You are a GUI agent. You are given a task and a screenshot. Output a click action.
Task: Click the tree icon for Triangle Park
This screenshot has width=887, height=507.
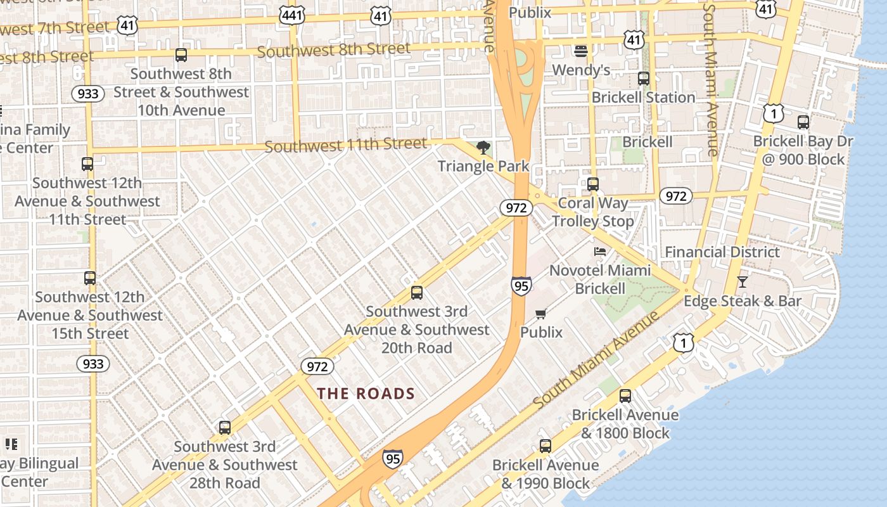(x=483, y=148)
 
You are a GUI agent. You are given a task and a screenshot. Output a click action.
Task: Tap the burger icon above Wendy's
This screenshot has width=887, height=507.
(x=581, y=51)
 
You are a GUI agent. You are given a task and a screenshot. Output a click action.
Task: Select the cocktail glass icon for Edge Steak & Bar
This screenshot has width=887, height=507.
(x=743, y=282)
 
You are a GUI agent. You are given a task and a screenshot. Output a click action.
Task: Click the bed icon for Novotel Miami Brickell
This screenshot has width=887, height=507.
(x=599, y=252)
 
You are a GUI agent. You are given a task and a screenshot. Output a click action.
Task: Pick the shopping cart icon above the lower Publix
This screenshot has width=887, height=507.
(x=541, y=314)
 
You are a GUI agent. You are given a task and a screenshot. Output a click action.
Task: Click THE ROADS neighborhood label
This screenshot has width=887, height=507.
(x=366, y=394)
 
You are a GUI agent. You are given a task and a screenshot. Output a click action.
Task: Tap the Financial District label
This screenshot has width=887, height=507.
(x=722, y=252)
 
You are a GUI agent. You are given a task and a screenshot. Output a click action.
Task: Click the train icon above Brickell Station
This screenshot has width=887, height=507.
(x=644, y=79)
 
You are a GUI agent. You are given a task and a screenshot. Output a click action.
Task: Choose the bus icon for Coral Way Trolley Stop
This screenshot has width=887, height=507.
(x=593, y=184)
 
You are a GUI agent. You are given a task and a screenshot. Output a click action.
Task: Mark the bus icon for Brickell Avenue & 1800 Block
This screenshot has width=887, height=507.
(x=625, y=396)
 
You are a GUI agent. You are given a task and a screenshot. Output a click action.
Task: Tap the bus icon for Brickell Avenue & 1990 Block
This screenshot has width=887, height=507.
(x=546, y=446)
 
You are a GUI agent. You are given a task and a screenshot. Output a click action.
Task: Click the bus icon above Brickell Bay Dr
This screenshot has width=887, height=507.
(x=803, y=122)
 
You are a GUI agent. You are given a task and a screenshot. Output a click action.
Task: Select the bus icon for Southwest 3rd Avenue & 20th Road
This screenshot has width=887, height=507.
(x=417, y=293)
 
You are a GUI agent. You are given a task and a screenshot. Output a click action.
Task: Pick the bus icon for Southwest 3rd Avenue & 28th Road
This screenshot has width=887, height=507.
(x=225, y=428)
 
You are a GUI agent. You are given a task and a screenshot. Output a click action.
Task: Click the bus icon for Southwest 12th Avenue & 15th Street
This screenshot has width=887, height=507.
(x=90, y=278)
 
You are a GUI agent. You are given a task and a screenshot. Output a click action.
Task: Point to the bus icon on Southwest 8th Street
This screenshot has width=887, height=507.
(x=181, y=55)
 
